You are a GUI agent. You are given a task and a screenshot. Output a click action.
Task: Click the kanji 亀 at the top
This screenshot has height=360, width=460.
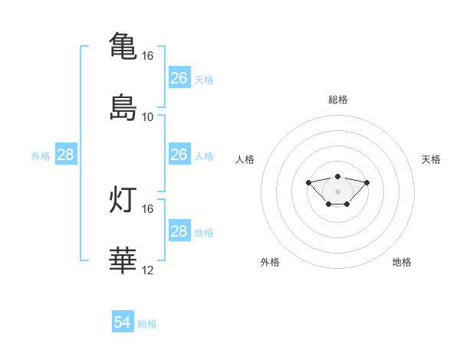tap(123, 46)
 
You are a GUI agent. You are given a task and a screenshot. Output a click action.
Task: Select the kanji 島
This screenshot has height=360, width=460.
tap(123, 107)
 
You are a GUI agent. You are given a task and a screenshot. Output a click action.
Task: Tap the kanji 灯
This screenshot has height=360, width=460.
tap(123, 199)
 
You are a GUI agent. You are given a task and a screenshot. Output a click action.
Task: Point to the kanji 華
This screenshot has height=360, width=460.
tap(123, 260)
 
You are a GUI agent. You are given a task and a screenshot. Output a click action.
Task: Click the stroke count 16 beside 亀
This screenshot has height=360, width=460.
tap(147, 56)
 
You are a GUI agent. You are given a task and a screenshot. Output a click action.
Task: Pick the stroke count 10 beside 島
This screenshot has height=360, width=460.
tap(147, 117)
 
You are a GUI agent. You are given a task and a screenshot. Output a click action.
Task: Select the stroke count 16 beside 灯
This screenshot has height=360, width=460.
tap(147, 209)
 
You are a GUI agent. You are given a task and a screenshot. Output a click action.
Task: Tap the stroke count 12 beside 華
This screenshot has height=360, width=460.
tap(147, 270)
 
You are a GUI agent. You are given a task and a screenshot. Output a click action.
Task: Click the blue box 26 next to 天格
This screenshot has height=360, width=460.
tap(179, 77)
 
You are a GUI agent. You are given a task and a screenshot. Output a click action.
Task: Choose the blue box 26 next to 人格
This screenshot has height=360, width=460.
tap(179, 154)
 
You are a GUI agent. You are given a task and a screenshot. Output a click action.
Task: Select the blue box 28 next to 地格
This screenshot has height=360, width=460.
tap(179, 230)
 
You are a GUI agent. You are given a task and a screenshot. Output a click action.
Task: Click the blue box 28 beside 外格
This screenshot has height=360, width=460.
tap(66, 154)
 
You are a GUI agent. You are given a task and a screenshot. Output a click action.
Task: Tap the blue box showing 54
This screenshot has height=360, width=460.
tap(123, 321)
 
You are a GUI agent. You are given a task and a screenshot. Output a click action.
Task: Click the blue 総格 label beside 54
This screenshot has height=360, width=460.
tap(147, 324)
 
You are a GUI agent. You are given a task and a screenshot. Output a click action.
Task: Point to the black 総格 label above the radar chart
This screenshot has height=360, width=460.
tap(338, 100)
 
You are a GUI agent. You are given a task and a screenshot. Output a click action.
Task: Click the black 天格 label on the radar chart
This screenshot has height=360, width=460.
tap(431, 159)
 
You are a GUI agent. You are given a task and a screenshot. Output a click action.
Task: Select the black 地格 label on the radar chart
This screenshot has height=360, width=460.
tap(402, 262)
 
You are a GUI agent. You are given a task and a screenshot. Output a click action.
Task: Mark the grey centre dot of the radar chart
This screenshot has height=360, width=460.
tap(337, 191)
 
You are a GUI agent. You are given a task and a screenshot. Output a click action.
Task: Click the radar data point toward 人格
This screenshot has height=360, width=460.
tap(308, 182)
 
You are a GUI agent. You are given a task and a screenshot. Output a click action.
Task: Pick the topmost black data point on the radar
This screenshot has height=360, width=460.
tap(337, 176)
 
